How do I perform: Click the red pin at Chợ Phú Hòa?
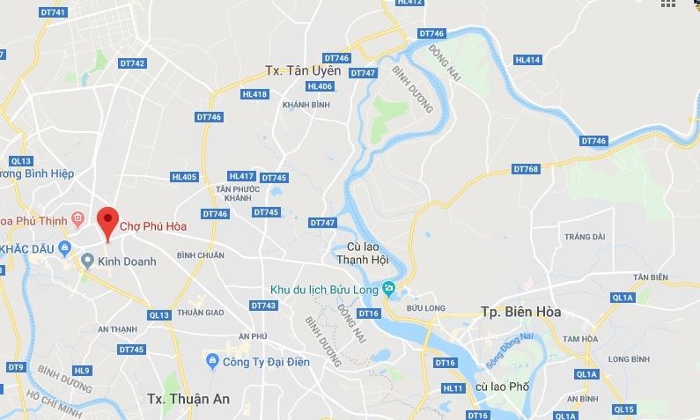(107, 219)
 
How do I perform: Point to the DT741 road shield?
(54, 12)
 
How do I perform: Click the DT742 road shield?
(132, 63)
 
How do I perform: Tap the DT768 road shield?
(525, 169)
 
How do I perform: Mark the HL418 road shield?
(254, 94)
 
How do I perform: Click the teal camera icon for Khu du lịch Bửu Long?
(388, 289)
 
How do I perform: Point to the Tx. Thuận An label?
(188, 398)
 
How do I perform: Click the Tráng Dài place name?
(585, 237)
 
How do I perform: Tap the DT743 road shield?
(263, 306)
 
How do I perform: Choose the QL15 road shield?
(623, 409)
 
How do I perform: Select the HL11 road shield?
(453, 387)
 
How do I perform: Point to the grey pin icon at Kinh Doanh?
(87, 261)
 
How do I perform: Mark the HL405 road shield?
(184, 177)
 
